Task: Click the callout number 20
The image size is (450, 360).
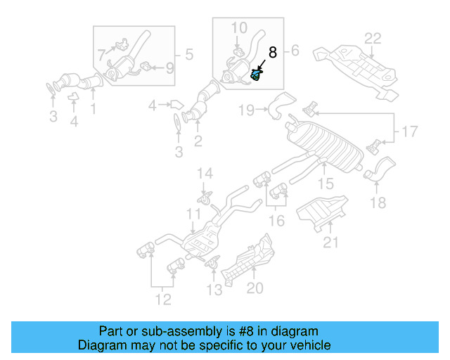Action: click(254, 287)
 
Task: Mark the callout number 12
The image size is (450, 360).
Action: click(163, 301)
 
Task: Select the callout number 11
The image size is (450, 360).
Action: click(193, 213)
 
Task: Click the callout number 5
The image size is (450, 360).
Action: click(188, 53)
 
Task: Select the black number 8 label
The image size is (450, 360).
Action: click(273, 52)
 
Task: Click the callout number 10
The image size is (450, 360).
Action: click(239, 28)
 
